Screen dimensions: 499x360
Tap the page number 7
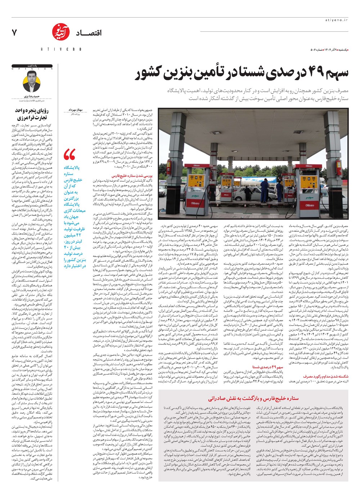tap(14, 33)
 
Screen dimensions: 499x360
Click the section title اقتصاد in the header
tap(88, 33)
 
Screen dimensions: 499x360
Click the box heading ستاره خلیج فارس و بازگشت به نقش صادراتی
tap(253, 398)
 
